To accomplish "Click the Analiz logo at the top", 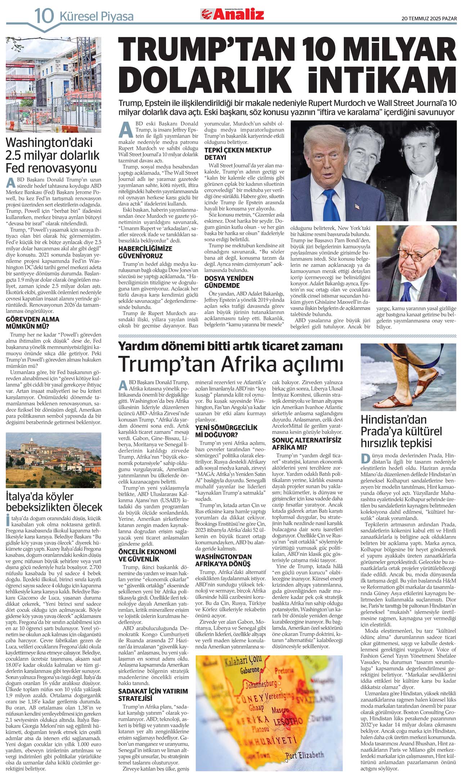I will click(x=232, y=14).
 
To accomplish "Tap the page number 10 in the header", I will click(x=44, y=16).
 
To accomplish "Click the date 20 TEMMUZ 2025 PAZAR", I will click(x=429, y=19).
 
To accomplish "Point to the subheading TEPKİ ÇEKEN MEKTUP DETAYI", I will click(x=238, y=154).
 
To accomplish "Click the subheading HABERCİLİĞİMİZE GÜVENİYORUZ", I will click(x=145, y=252).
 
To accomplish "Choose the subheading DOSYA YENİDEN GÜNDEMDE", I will click(x=229, y=282).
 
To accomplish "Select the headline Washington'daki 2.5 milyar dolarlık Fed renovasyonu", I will click(x=53, y=156).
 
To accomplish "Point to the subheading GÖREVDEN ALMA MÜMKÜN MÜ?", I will click(x=33, y=323).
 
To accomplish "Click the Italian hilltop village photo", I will click(x=54, y=460).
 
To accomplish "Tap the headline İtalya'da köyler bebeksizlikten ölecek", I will click(x=54, y=502).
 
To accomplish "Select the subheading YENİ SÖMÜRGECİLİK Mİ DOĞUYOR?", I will click(x=226, y=431).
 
